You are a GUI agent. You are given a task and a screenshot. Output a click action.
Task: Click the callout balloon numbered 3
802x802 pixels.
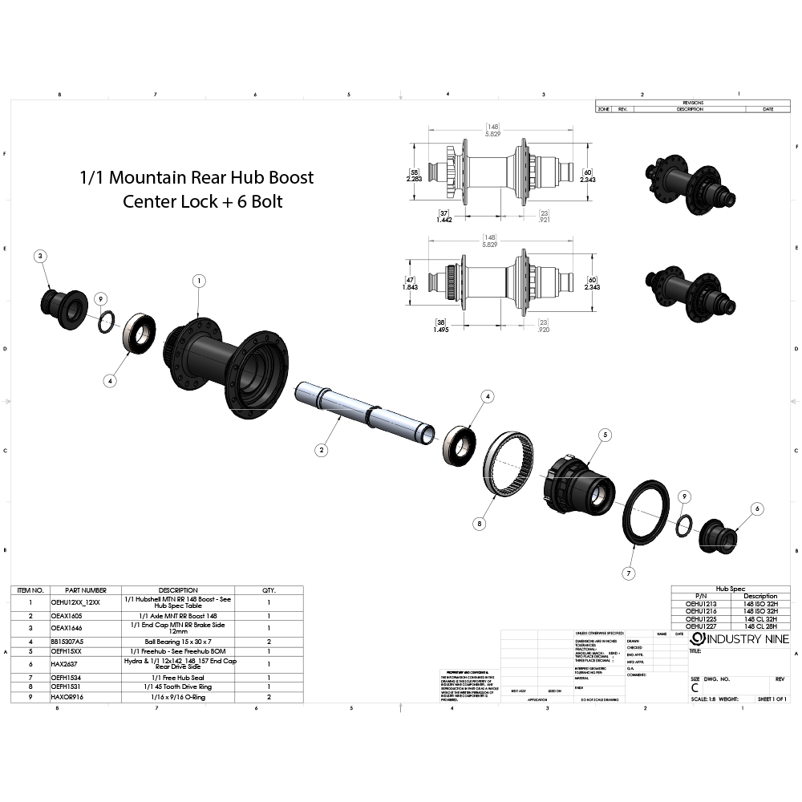click(42, 256)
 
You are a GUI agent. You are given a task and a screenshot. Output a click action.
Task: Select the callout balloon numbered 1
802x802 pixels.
click(199, 280)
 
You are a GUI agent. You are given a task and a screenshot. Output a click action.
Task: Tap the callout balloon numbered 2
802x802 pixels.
click(321, 450)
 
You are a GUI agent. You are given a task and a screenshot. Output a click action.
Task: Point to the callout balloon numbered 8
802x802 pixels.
click(480, 524)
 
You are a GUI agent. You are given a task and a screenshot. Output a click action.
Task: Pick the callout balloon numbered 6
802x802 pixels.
click(757, 508)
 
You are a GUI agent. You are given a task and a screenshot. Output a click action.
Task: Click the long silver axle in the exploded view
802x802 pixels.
click(361, 410)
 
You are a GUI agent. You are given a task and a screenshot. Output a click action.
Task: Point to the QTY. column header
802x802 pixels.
click(269, 589)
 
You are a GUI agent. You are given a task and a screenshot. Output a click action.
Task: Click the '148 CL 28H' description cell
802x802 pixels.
click(759, 625)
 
